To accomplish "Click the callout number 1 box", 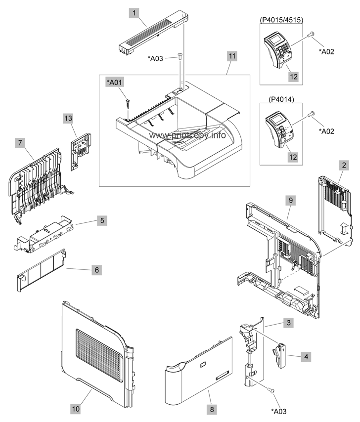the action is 134,12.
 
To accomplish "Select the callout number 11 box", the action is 232,56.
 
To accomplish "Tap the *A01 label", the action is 115,82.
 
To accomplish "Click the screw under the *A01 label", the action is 128,104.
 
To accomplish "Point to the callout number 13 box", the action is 68,118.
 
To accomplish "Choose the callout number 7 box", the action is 20,142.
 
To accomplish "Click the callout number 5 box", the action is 102,221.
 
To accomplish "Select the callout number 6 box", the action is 97,270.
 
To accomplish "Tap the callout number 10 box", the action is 76,409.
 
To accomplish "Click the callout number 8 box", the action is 212,409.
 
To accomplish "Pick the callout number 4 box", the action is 306,357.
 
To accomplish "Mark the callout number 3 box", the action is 289,322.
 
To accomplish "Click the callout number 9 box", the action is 291,200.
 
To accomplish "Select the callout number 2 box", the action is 344,165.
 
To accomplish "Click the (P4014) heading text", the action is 281,100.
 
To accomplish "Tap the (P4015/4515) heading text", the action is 281,20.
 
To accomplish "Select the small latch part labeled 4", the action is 280,355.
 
